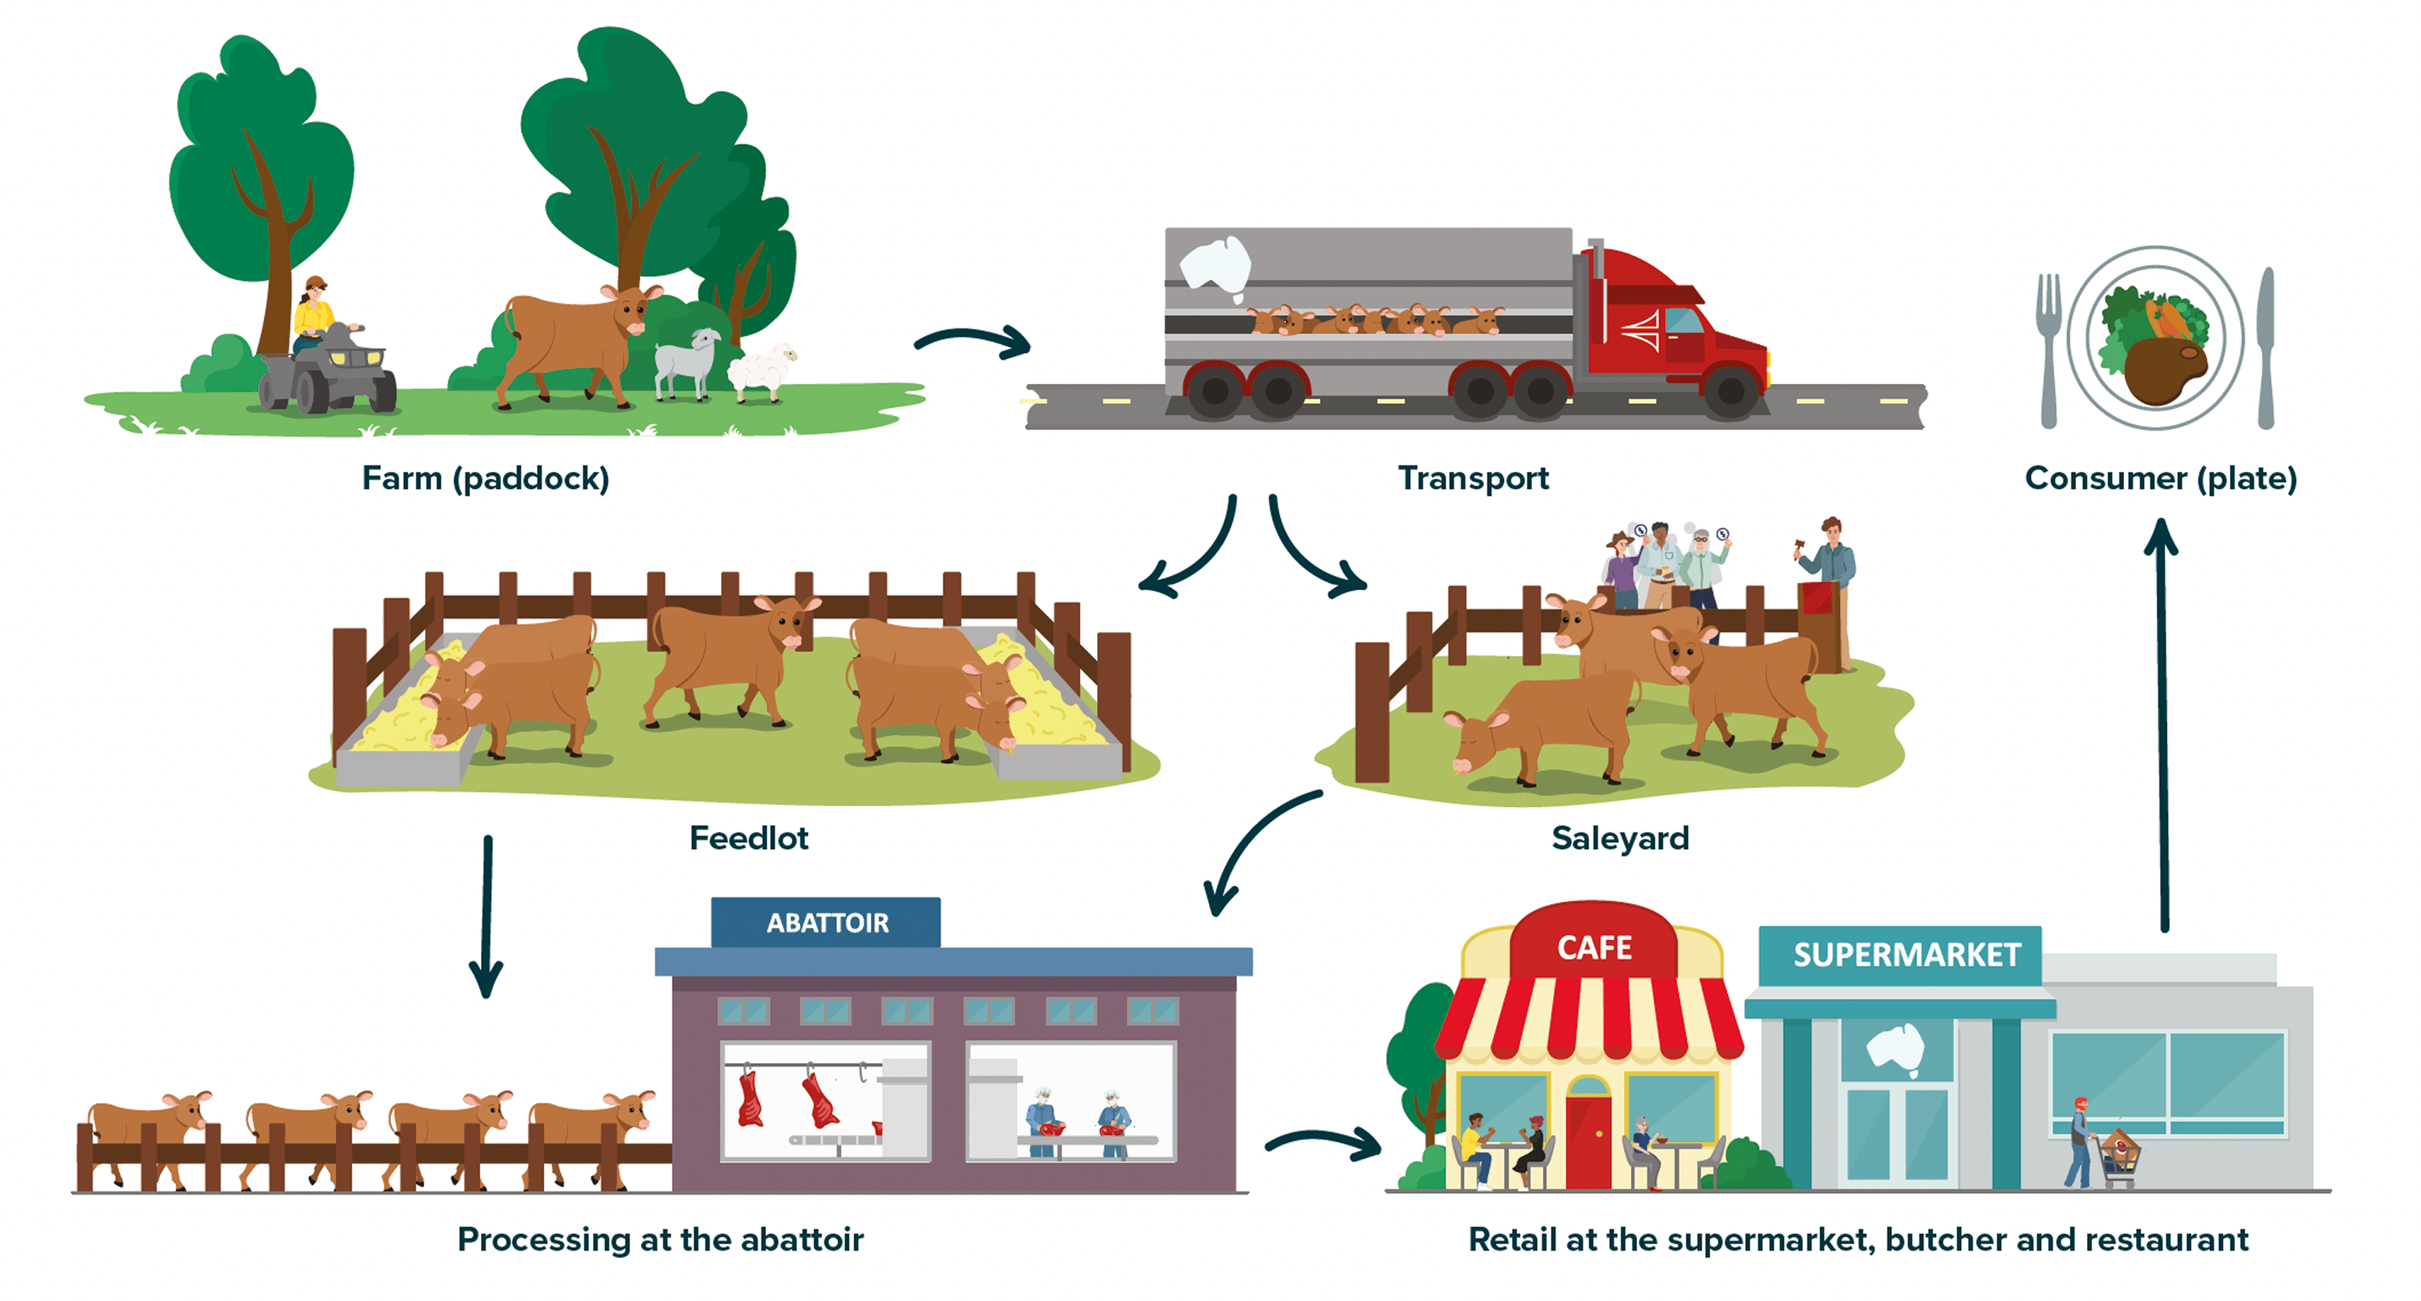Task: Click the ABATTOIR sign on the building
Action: pos(826,923)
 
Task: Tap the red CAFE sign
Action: pos(1594,947)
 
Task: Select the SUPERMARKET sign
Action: pos(1906,955)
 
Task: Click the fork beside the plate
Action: pos(2048,348)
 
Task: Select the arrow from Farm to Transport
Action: pos(973,341)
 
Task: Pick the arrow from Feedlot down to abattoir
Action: pos(487,916)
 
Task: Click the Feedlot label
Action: pos(748,838)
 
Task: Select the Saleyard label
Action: pos(1619,838)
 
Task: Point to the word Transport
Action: pos(1472,479)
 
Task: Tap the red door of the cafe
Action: pos(1588,1142)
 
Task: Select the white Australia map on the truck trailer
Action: pos(1215,265)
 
